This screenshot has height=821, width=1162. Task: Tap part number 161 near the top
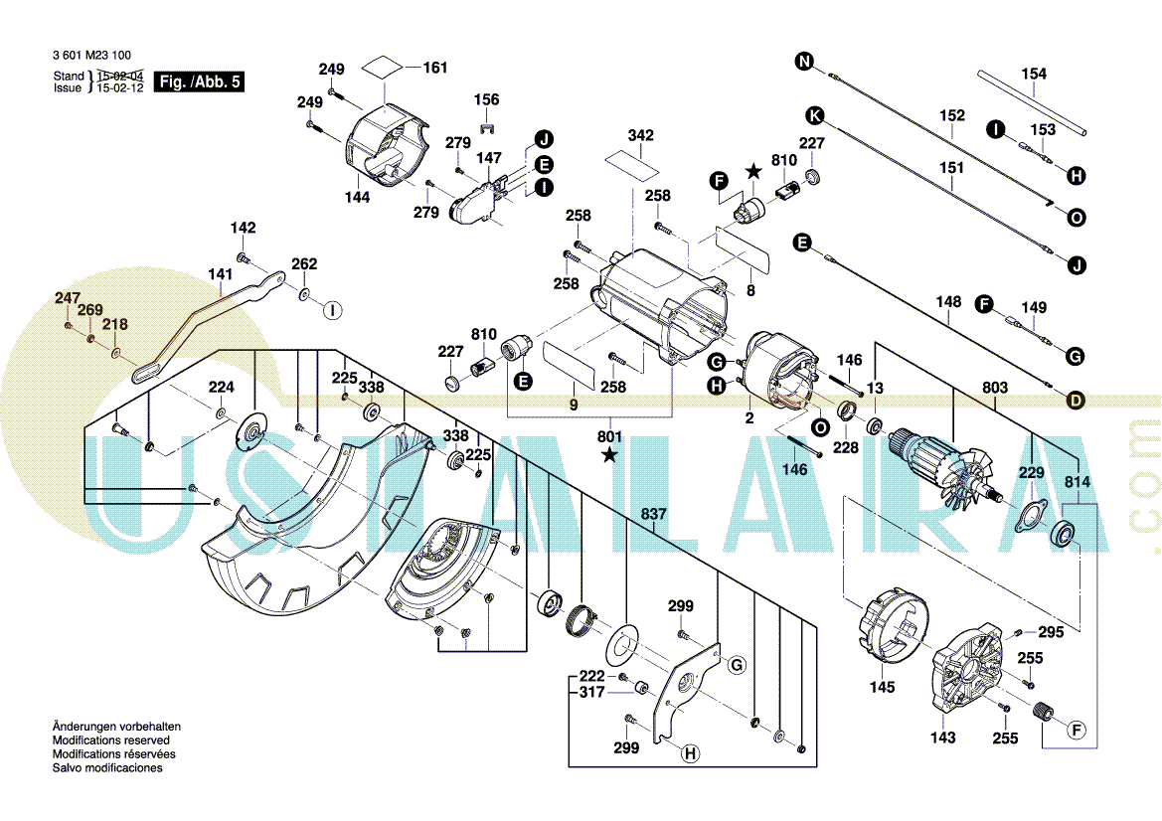435,68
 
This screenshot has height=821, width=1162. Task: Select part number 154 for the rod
1034,75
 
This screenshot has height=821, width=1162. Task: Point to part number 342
641,135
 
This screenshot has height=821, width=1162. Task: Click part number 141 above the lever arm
220,273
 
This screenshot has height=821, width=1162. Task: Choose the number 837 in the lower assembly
653,514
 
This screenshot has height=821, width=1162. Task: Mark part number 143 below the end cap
943,737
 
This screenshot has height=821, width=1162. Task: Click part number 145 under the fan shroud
882,687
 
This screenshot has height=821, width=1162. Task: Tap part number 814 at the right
1078,482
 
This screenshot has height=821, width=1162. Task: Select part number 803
994,388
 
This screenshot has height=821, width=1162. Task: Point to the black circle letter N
804,63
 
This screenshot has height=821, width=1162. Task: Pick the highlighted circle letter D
1075,401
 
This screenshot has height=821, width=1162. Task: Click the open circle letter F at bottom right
1076,732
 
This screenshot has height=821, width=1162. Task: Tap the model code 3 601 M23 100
91,57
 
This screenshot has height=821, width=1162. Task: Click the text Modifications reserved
111,740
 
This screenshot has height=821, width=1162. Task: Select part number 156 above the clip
486,100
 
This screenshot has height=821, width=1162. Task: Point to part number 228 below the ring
845,447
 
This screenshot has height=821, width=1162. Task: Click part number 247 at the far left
67,298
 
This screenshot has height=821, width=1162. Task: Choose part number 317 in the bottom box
591,692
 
